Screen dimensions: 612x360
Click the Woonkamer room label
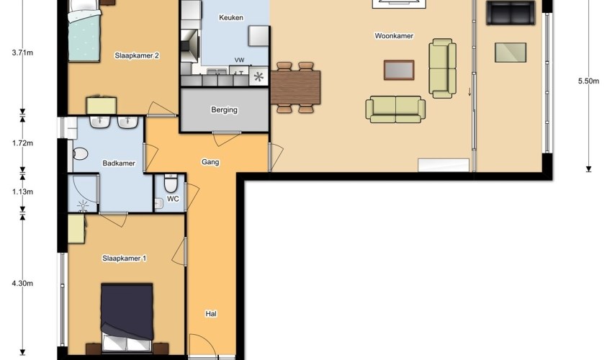point(394,36)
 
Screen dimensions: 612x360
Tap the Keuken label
point(231,17)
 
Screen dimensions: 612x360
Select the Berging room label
point(224,110)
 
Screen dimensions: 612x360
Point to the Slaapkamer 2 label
point(137,55)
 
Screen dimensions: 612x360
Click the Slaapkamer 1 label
point(124,258)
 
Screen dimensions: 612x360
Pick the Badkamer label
point(119,163)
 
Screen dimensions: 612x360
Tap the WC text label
point(173,199)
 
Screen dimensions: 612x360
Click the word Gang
point(210,162)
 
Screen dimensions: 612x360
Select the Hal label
point(211,313)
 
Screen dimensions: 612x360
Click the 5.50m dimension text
point(588,81)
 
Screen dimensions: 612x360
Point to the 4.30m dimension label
point(22,284)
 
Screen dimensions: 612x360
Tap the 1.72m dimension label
point(22,143)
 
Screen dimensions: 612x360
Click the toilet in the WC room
point(171,183)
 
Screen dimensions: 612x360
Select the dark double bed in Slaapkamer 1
point(127,317)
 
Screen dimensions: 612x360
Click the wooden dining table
point(295,87)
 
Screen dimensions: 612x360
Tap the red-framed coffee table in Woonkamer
point(398,70)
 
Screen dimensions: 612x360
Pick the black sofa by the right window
point(510,12)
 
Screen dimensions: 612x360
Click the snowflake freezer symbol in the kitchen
point(258,76)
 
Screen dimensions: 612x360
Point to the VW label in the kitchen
point(239,60)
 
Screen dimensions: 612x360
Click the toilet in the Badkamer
point(79,153)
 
